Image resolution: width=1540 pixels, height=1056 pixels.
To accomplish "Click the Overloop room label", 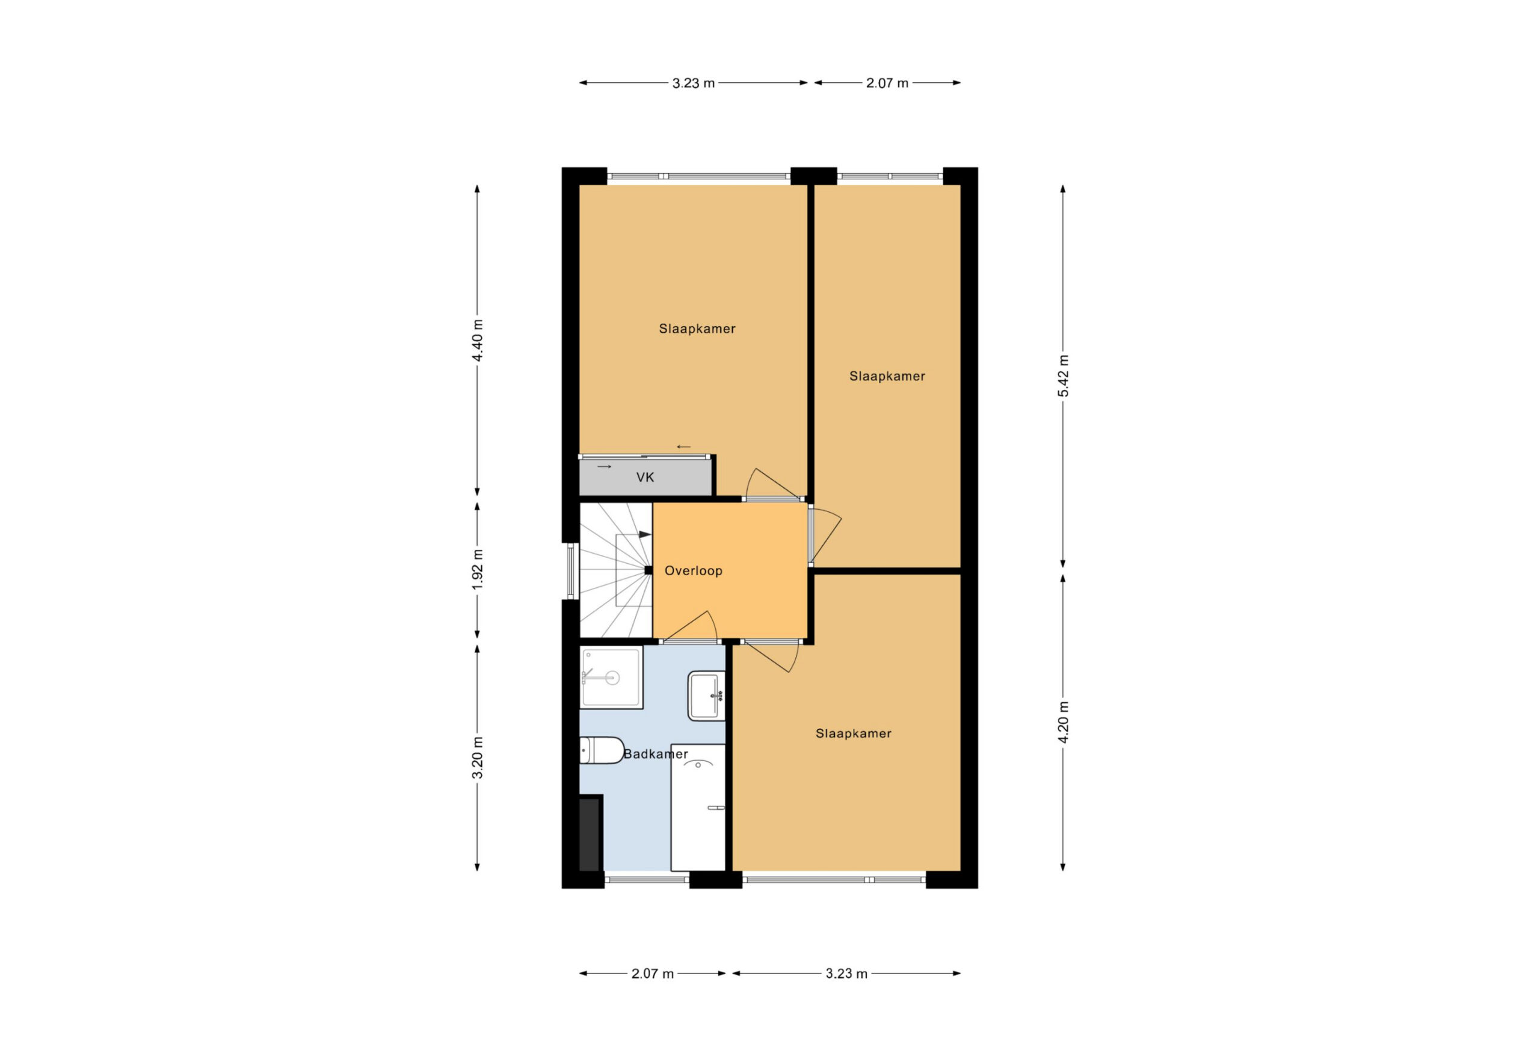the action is (693, 571).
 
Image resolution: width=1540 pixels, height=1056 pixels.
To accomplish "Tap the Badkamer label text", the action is (655, 754).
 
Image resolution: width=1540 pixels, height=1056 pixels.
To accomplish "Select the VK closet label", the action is (645, 477).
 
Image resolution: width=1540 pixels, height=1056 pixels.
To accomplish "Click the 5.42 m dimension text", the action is (1063, 376).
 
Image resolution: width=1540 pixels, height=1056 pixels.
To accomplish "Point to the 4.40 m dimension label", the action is (477, 340).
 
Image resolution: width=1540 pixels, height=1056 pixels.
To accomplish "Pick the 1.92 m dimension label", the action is (477, 569).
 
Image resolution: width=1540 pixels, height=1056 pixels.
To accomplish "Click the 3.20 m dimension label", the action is (477, 758).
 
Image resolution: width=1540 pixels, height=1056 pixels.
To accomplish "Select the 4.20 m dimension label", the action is (1063, 722).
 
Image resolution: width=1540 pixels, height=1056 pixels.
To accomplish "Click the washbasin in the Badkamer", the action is (706, 696).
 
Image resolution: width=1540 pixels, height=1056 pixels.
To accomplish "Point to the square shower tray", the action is (611, 677).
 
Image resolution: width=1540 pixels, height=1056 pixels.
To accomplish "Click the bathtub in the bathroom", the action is (698, 807).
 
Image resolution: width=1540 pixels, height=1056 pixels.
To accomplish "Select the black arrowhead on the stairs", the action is (645, 534).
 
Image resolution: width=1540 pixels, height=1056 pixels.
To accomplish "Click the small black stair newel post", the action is (648, 570).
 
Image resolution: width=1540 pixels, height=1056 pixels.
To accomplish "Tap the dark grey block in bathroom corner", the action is (589, 835).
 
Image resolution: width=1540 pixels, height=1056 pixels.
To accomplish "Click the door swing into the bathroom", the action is (691, 626).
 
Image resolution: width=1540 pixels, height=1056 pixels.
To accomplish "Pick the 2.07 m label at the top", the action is (887, 83).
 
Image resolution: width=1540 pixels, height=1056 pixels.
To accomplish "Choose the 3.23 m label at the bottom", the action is (846, 974).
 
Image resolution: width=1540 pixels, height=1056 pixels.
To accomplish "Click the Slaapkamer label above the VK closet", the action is (697, 329).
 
